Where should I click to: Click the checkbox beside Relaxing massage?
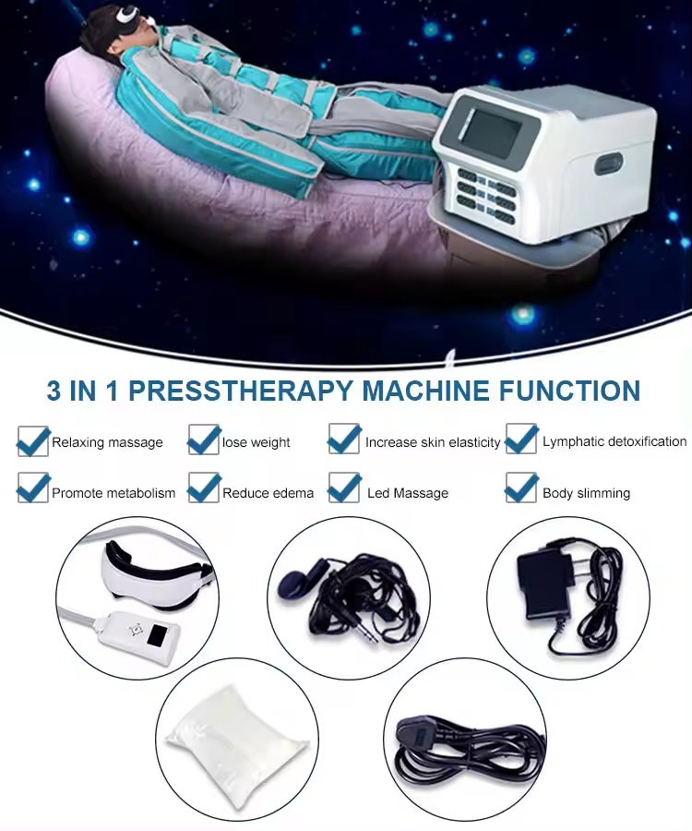click(x=32, y=441)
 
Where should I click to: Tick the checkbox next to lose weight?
click(x=203, y=440)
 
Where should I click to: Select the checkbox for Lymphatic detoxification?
click(x=521, y=440)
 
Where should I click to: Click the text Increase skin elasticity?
click(x=432, y=442)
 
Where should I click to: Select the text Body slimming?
click(x=586, y=493)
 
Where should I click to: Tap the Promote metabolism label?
click(x=113, y=493)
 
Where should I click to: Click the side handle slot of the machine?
click(x=609, y=164)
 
